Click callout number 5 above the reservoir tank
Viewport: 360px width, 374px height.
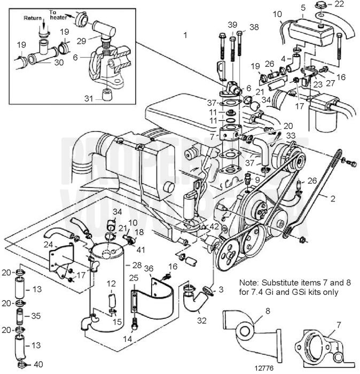coord(304,8)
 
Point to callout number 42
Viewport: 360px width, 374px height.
coord(214,227)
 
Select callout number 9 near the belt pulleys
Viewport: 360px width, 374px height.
coord(257,180)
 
